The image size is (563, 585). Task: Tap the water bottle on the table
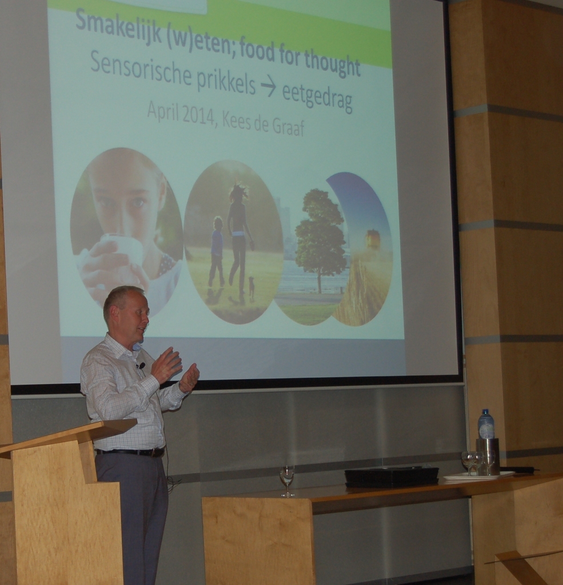486,424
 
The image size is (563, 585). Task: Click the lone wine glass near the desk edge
287,481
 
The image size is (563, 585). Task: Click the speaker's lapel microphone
142,365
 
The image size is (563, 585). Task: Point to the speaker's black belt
130,452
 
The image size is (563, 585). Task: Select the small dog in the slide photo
251,287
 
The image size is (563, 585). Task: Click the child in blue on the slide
217,251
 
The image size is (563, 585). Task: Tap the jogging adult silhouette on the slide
239,233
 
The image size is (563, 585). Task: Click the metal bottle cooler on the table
488,456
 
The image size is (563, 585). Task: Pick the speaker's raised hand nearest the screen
189,378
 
